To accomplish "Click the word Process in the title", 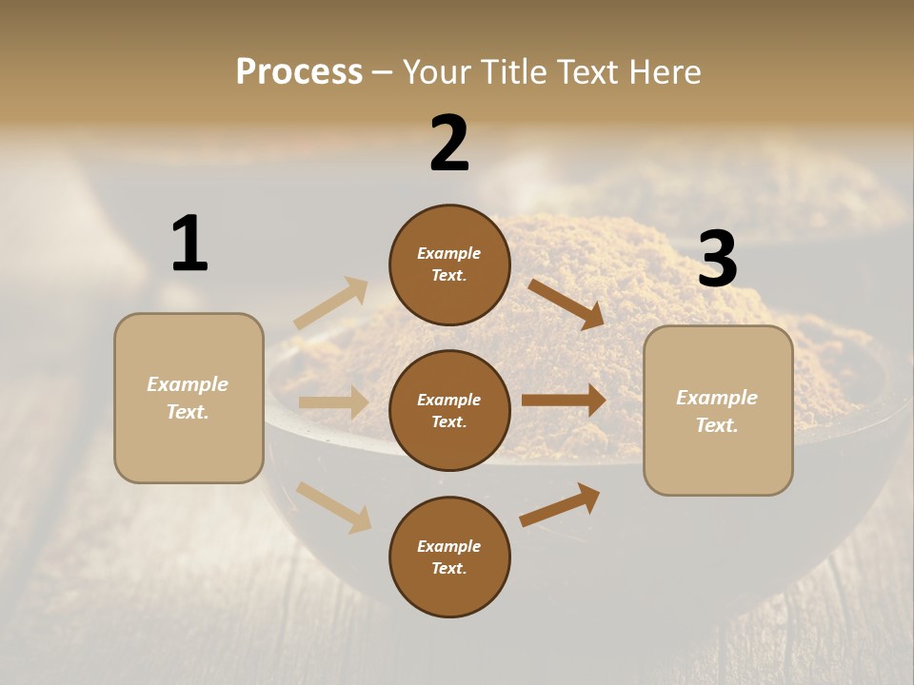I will coord(299,72).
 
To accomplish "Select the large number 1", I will coord(189,244).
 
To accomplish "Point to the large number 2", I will coord(449,144).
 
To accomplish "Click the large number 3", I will coord(717,260).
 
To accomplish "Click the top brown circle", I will coord(449,264).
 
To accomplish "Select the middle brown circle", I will coord(449,410).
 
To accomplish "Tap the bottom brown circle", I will coord(449,557).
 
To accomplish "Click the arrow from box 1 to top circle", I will coord(331,303).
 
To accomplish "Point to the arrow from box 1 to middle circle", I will coord(333,402).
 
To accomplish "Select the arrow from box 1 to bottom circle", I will coord(333,507).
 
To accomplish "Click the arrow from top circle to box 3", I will coord(566,303).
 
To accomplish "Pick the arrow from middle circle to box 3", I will coord(564,401).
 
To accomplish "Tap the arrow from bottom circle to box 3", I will coord(560,505).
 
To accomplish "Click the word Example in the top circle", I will coord(449,253).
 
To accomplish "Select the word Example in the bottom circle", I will coord(449,546).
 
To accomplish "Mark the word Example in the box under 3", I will coord(717,398).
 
